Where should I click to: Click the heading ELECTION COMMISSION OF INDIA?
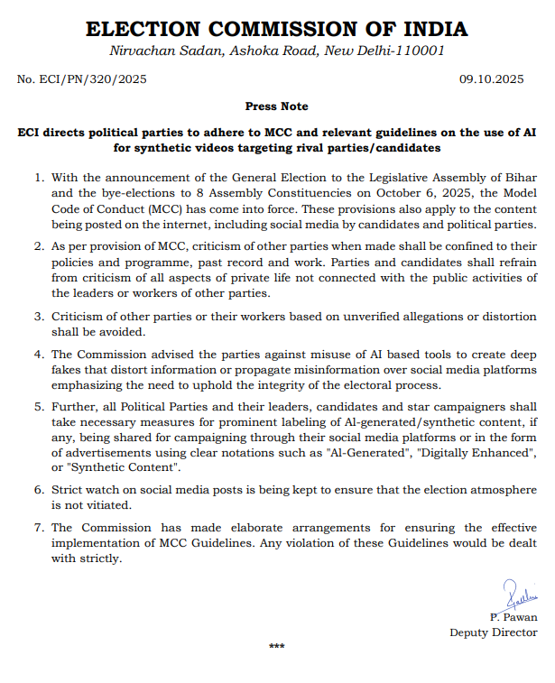click(277, 29)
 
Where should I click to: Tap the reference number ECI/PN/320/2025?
click(81, 79)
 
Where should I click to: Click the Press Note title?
click(276, 106)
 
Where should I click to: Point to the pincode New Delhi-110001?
click(396, 51)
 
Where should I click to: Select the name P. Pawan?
click(513, 617)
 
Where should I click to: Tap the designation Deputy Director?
click(494, 632)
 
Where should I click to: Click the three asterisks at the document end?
click(277, 647)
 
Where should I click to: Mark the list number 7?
click(40, 528)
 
